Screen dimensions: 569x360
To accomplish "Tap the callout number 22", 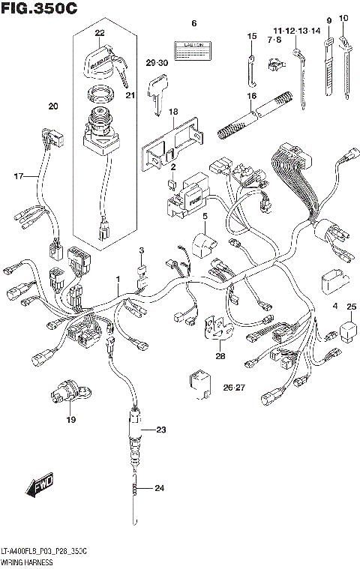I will tap(100, 33).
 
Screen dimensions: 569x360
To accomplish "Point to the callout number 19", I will tap(72, 419).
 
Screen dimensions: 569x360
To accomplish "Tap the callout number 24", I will tap(158, 489).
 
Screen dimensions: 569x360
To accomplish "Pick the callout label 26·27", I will tap(234, 388).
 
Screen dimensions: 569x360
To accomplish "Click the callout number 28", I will tap(220, 355).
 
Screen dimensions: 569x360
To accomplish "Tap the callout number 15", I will tap(252, 37).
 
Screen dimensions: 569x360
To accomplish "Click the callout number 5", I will tap(203, 216).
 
